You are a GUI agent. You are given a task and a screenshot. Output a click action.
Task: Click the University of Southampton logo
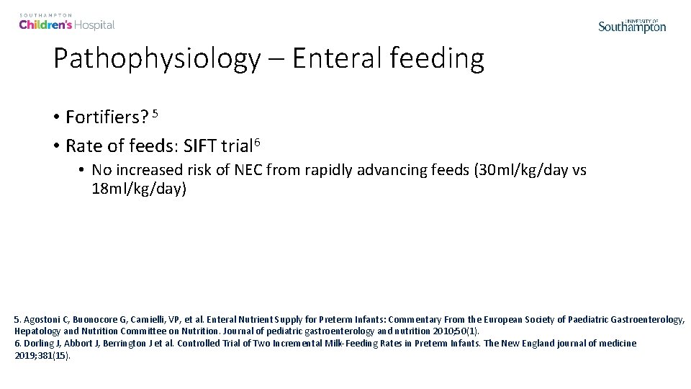(x=632, y=25)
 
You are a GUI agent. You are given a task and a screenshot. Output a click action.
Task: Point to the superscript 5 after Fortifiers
(x=154, y=112)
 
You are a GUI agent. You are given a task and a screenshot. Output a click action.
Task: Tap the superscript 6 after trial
(x=256, y=141)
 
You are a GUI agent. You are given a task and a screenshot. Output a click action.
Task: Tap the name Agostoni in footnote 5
(x=42, y=318)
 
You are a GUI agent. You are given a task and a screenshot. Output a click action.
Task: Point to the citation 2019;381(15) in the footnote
(x=42, y=355)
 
